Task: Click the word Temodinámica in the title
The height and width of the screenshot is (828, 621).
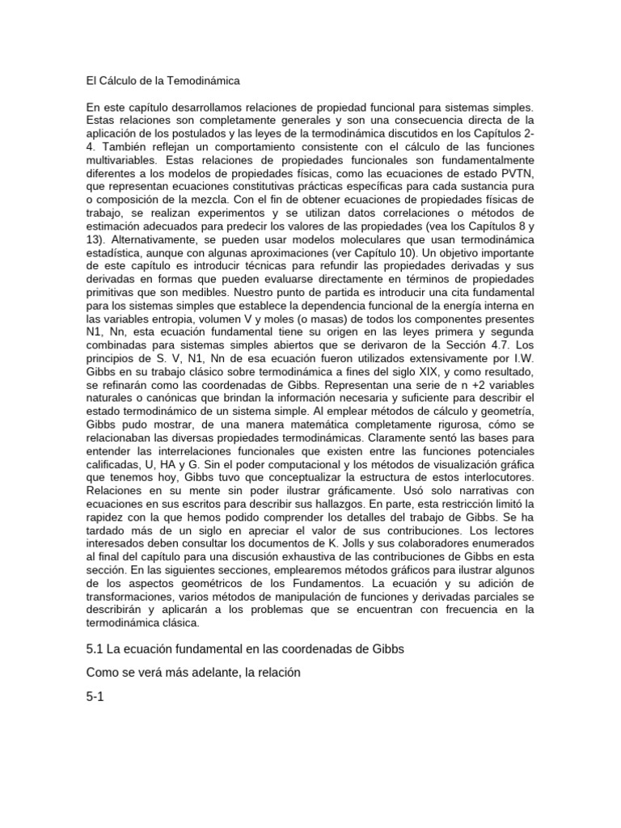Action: coord(202,81)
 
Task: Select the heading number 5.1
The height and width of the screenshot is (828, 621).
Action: coord(95,650)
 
